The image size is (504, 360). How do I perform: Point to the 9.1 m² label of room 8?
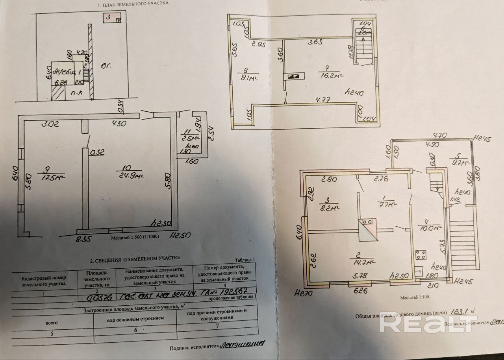(248, 77)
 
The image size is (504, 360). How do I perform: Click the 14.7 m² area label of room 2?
(361, 262)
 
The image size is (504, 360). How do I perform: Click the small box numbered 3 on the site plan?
(112, 18)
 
